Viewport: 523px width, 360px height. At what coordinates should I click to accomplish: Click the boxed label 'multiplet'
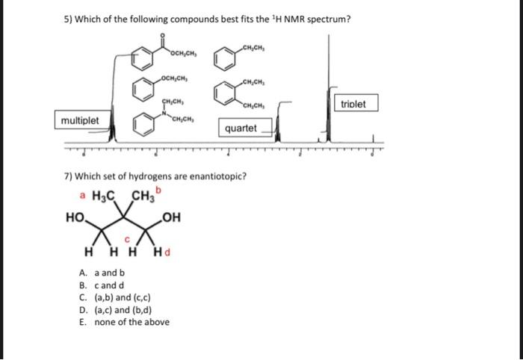(82, 120)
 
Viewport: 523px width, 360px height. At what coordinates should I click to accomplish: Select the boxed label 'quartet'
(241, 128)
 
